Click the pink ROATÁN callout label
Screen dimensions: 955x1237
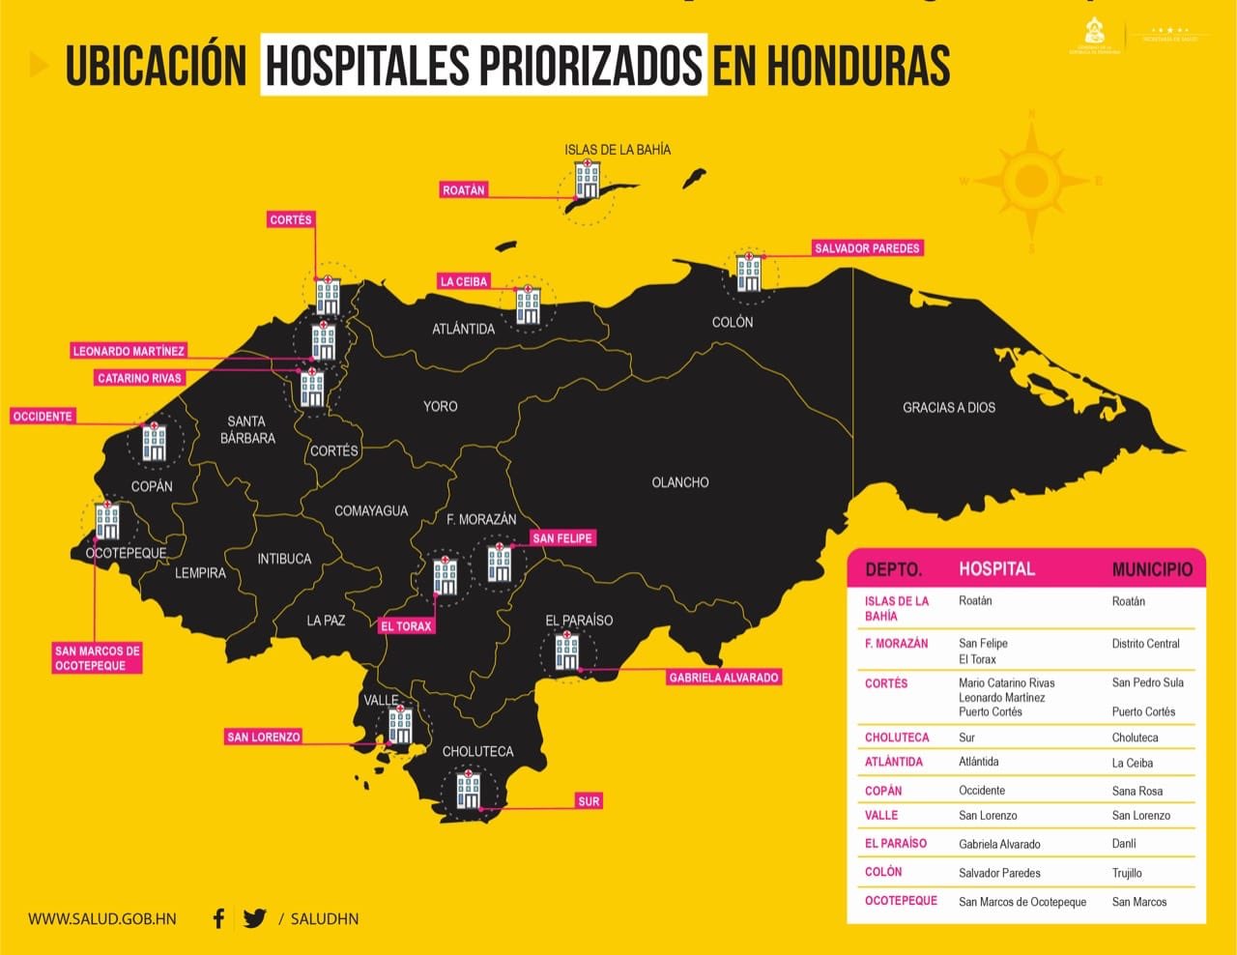[x=463, y=190]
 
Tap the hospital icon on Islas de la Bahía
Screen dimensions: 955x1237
[x=587, y=181]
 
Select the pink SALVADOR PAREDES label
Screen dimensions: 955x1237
[x=867, y=248]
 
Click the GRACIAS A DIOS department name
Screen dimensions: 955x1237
[x=948, y=408]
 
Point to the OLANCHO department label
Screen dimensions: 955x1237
[x=679, y=482]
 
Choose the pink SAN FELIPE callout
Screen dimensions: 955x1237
[x=562, y=538]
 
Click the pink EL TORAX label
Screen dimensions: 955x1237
[x=406, y=626]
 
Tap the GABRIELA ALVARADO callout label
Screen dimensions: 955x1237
[x=723, y=678]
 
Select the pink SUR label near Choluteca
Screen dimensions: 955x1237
[x=589, y=801]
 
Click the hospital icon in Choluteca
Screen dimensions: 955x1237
[x=469, y=790]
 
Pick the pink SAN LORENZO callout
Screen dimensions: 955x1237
[x=263, y=737]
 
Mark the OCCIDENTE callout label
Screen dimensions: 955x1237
[x=43, y=417]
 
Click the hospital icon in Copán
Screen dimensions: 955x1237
[x=154, y=441]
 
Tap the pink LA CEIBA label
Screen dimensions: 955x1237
[x=464, y=281]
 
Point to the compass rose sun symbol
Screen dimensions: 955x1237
[x=1032, y=181]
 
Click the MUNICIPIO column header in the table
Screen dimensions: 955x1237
[x=1152, y=569]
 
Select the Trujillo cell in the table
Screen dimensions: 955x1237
[x=1127, y=873]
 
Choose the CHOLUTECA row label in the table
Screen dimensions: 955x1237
[x=896, y=738]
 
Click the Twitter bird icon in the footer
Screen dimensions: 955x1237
[x=254, y=918]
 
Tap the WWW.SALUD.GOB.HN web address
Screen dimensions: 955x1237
[x=101, y=919]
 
